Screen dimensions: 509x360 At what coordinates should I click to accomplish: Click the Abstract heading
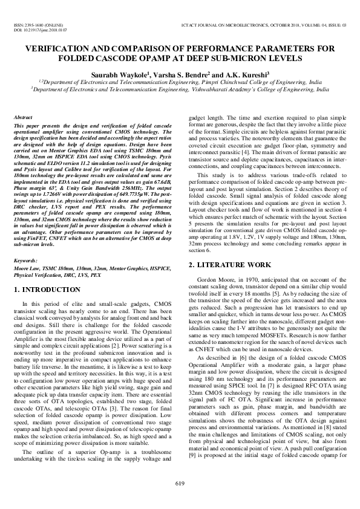point(23,118)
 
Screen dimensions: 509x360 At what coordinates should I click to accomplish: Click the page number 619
point(180,482)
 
